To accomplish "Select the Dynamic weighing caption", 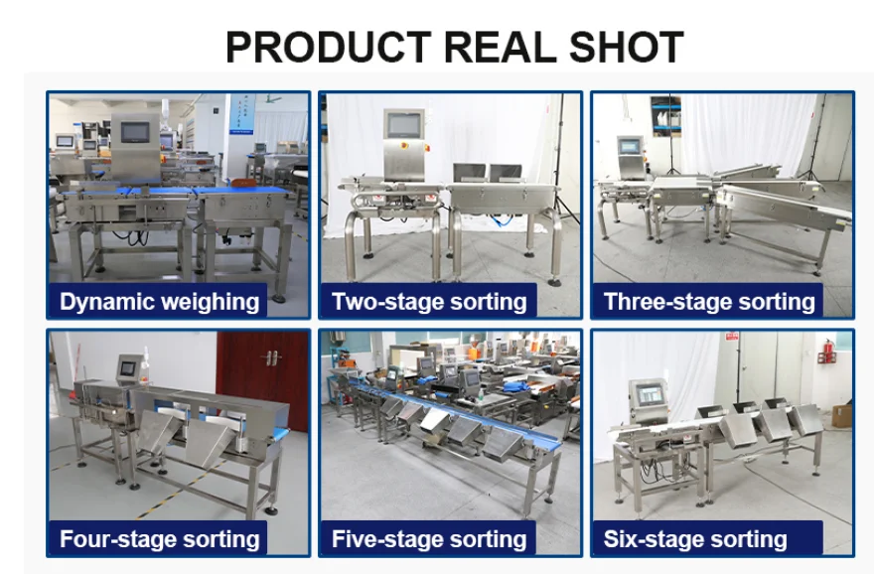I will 159,302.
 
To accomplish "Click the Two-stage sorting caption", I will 429,302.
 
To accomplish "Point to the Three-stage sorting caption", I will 709,302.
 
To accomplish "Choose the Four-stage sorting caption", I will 159,540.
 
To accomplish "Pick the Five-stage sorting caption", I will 429,540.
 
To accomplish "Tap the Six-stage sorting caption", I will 695,540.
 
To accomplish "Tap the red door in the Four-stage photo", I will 262,377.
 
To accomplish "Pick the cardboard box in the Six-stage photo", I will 841,414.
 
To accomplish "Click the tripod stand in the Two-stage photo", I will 568,169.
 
